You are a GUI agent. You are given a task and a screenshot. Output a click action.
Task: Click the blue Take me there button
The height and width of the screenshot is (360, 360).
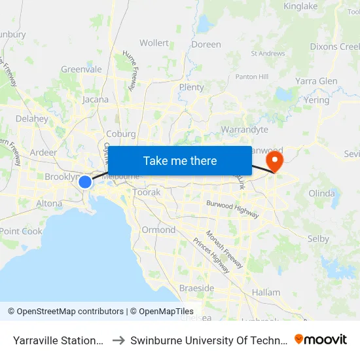point(180,160)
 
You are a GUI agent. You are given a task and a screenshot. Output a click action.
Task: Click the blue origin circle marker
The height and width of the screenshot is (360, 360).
point(85,181)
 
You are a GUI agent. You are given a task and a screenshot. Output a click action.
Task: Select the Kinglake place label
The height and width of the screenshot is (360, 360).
point(300,7)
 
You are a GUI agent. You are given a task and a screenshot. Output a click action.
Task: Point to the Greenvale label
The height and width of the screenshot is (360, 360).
point(81,69)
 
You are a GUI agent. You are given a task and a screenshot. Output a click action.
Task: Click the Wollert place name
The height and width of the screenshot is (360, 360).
point(154,43)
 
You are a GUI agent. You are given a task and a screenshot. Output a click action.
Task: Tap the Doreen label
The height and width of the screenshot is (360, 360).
point(206,45)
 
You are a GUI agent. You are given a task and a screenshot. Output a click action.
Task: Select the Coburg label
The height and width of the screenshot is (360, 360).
point(120,134)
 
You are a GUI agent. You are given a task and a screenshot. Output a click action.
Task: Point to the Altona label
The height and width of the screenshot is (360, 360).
point(50,204)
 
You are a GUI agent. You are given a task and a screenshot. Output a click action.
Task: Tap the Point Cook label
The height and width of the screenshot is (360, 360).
point(22,231)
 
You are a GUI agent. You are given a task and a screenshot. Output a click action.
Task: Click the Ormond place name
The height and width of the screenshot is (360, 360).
point(158,230)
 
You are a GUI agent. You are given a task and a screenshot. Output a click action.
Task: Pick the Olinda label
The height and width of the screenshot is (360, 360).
point(321,194)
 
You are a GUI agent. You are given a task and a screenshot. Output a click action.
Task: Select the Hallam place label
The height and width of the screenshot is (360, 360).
point(266,293)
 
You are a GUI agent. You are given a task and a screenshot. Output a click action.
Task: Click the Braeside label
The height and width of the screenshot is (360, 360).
point(196,288)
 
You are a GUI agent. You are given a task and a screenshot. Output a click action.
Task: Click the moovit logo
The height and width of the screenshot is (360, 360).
point(321,340)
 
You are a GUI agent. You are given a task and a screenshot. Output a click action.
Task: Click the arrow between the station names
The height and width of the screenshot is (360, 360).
point(118,340)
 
